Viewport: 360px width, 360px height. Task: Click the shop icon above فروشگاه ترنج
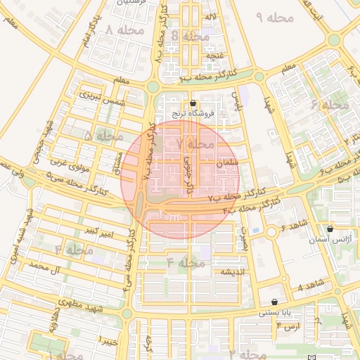coord(193,103)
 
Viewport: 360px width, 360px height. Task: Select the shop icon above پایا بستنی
coord(264,302)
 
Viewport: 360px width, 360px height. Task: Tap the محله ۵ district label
coord(103,134)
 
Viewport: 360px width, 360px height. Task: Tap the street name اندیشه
coord(233,271)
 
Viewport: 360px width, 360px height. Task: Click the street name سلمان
coord(229,163)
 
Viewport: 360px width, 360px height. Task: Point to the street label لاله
coord(210,15)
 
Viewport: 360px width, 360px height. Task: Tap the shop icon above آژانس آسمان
coord(330,229)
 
